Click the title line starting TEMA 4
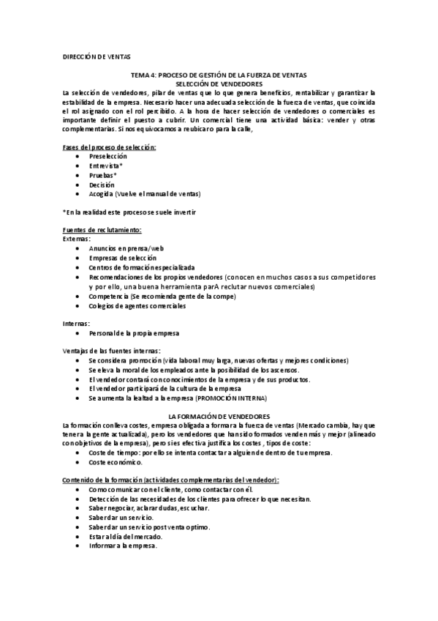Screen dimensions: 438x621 click(218, 75)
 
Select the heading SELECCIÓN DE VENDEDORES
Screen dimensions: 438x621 click(219, 83)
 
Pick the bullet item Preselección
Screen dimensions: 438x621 click(107, 156)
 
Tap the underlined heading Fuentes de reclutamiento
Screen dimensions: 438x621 click(102, 230)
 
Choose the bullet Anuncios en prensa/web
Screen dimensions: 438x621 click(127, 249)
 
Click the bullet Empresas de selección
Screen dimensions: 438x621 click(124, 259)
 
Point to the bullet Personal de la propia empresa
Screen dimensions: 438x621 click(134, 333)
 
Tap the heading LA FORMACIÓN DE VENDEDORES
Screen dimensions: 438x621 click(219, 416)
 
